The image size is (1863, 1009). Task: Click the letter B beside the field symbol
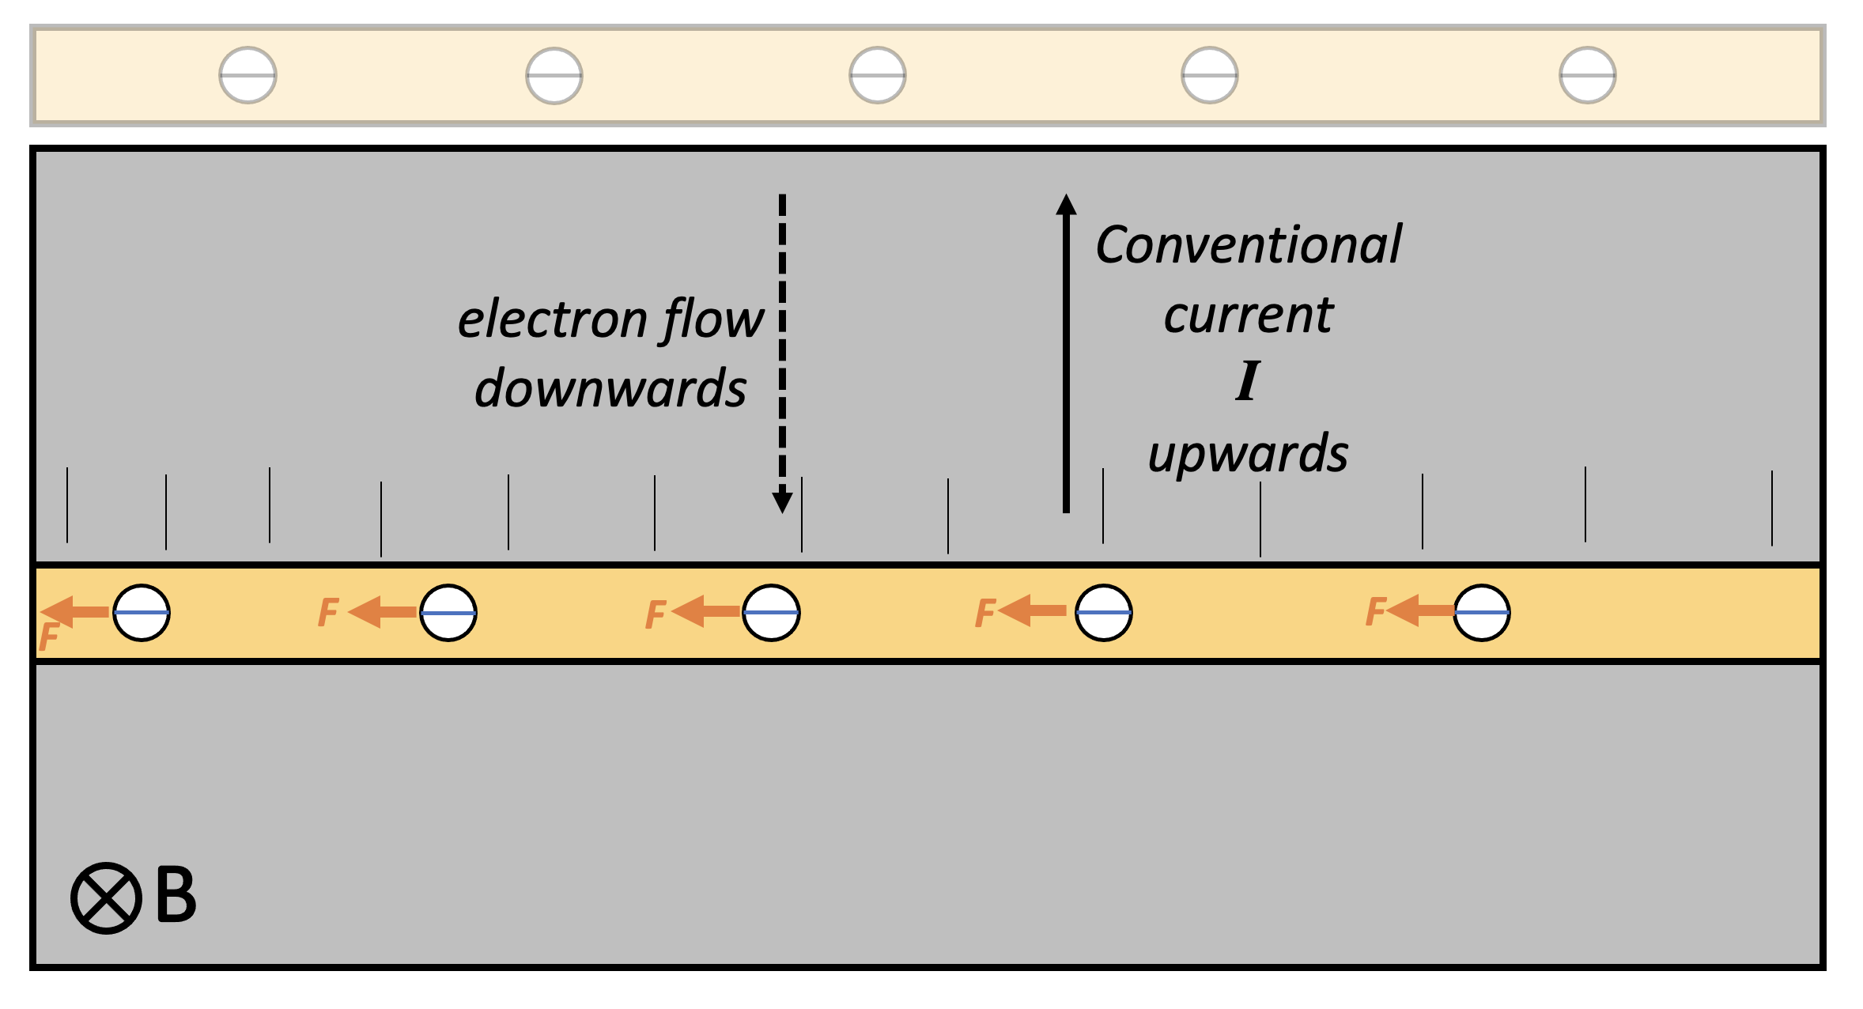[176, 895]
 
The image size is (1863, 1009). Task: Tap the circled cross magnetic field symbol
[106, 898]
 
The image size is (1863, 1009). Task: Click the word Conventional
[1248, 244]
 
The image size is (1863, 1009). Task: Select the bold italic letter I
[1247, 381]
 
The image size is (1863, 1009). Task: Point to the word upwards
[1248, 454]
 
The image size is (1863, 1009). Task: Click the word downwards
[610, 388]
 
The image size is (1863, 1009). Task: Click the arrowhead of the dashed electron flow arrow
[782, 501]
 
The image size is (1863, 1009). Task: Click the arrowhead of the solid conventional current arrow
[1066, 205]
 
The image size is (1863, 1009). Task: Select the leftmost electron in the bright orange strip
[142, 613]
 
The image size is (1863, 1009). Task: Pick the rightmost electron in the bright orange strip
[1482, 613]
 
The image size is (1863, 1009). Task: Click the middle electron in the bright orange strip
[771, 613]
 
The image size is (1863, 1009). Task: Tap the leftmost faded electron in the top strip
[248, 75]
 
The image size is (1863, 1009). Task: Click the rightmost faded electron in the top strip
[1587, 75]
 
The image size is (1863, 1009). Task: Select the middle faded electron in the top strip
[877, 75]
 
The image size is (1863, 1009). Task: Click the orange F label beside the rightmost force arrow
[1375, 611]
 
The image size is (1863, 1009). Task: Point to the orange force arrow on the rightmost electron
[1419, 610]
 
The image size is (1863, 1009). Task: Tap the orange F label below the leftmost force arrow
[49, 636]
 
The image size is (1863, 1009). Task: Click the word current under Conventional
[1248, 315]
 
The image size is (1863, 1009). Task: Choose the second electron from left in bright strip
[448, 613]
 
